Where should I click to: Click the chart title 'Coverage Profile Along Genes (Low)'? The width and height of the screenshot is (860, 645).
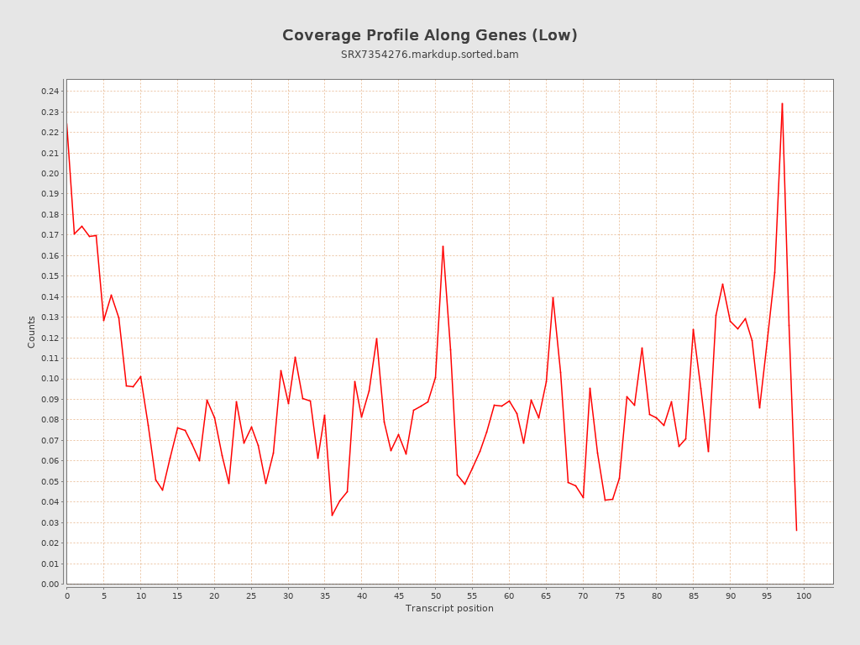click(x=429, y=35)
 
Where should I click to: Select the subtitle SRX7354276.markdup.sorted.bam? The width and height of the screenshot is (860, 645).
click(x=429, y=55)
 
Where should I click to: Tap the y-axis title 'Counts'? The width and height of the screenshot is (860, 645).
click(x=32, y=332)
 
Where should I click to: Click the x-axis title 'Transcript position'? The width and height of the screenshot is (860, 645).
click(x=449, y=608)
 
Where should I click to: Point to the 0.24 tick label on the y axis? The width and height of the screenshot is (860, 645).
click(x=50, y=92)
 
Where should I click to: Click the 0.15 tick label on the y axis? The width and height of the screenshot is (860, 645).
click(x=50, y=276)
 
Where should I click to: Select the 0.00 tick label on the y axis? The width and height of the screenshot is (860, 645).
click(x=50, y=585)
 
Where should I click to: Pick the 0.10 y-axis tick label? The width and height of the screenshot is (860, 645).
click(x=50, y=379)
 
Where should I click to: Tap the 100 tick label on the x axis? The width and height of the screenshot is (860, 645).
click(x=804, y=596)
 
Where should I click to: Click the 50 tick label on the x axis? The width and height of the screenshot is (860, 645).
click(x=435, y=596)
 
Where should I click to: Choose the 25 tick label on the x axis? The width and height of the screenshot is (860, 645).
click(x=251, y=596)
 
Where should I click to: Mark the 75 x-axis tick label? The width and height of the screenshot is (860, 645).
click(x=620, y=596)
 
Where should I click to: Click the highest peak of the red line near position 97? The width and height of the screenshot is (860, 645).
click(x=782, y=103)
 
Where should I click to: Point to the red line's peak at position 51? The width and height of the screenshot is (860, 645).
click(x=443, y=246)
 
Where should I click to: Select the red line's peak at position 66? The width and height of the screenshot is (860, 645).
click(x=553, y=296)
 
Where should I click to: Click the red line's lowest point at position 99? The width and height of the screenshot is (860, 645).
click(x=796, y=530)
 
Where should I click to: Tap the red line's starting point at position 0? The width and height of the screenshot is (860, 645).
click(x=67, y=126)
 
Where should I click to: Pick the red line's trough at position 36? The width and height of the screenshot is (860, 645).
click(x=332, y=516)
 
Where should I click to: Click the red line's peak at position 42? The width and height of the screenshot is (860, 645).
click(x=376, y=338)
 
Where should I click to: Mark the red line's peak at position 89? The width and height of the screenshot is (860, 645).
click(x=722, y=283)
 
